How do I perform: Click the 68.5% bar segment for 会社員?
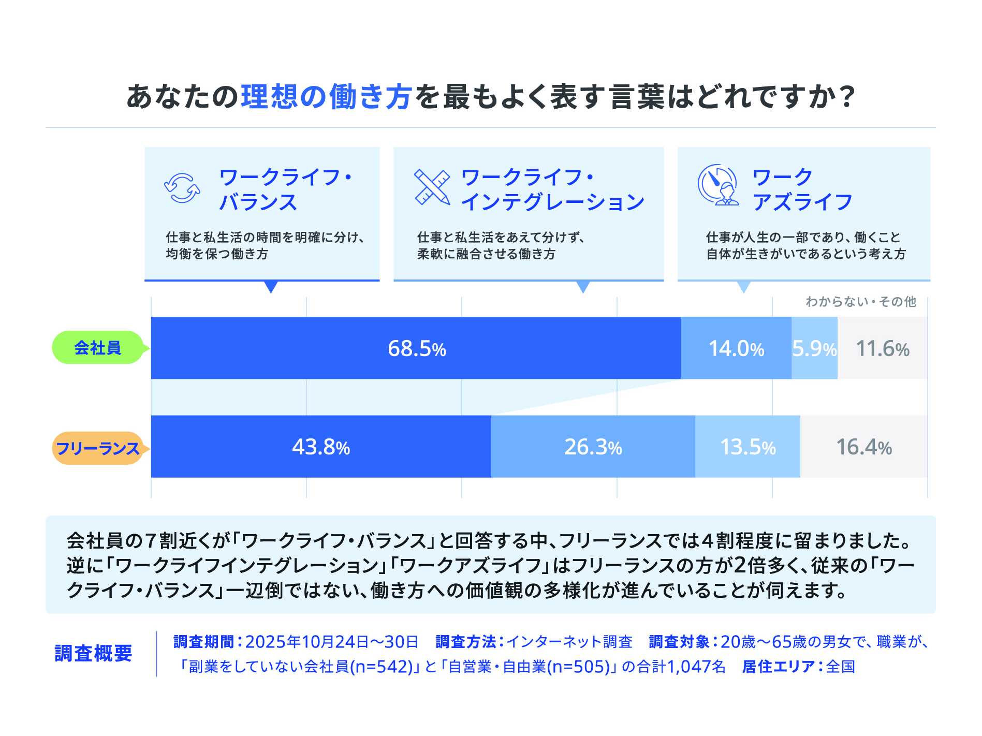416,348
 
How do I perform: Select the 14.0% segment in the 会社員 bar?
736,348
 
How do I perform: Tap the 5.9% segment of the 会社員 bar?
814,348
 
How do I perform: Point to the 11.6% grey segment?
882,348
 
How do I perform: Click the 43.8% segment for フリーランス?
320,446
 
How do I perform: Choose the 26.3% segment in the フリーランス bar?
593,446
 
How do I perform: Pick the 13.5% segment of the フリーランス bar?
748,446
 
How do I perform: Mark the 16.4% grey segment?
863,446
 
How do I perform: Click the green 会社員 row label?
97,347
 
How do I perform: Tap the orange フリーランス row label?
97,448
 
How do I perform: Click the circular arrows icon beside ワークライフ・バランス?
182,188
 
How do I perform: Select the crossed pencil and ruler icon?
432,187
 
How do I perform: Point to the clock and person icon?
718,185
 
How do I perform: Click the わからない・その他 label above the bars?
860,302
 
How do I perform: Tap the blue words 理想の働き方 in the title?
327,97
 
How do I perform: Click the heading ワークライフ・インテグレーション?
552,189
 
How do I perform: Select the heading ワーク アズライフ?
801,189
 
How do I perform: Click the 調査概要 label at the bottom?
94,653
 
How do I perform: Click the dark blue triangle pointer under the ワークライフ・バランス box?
271,287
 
